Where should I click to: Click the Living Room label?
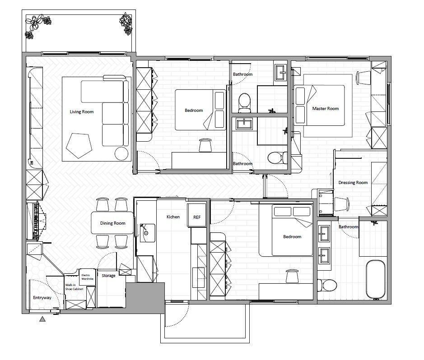click(x=82, y=112)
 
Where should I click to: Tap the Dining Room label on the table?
click(x=113, y=223)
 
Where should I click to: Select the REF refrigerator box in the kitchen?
click(x=196, y=215)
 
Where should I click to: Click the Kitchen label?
click(x=173, y=217)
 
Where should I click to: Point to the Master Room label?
click(x=326, y=109)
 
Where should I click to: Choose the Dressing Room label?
click(x=353, y=183)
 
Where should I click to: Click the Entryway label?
click(x=42, y=298)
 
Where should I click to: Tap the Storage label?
click(x=108, y=276)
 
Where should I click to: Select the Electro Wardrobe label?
click(x=87, y=277)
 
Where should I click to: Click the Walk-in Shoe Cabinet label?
click(x=74, y=287)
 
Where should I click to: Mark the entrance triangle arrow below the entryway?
click(x=42, y=319)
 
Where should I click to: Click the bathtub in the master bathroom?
click(x=375, y=279)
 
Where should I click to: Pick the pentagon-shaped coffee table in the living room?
click(x=79, y=145)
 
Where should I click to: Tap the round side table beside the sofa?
click(x=121, y=154)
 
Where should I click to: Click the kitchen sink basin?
click(x=147, y=233)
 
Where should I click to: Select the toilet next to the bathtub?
click(x=327, y=285)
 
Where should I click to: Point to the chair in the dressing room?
click(x=342, y=204)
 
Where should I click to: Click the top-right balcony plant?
click(x=126, y=23)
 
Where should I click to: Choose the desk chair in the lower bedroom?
click(x=292, y=276)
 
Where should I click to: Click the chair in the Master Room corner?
click(x=363, y=78)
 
